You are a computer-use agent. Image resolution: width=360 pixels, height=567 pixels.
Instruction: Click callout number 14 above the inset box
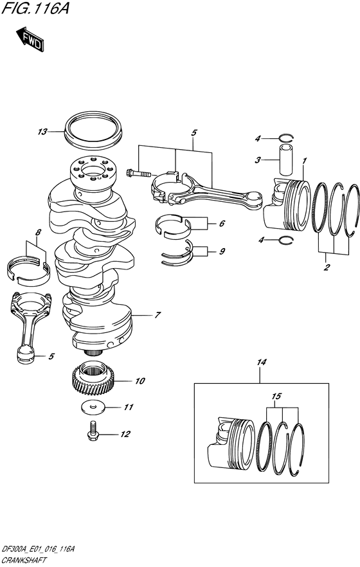pos(261,363)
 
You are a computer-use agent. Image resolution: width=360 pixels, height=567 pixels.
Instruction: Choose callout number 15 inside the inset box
pos(276,397)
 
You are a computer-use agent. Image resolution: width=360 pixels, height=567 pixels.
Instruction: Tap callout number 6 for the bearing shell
pos(222,224)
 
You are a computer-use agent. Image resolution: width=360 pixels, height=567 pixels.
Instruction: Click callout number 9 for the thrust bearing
pos(222,251)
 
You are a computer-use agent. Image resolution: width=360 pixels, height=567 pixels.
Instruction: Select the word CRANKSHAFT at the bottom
pos(26,561)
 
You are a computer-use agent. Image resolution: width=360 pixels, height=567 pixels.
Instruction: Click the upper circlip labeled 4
pos(286,137)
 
